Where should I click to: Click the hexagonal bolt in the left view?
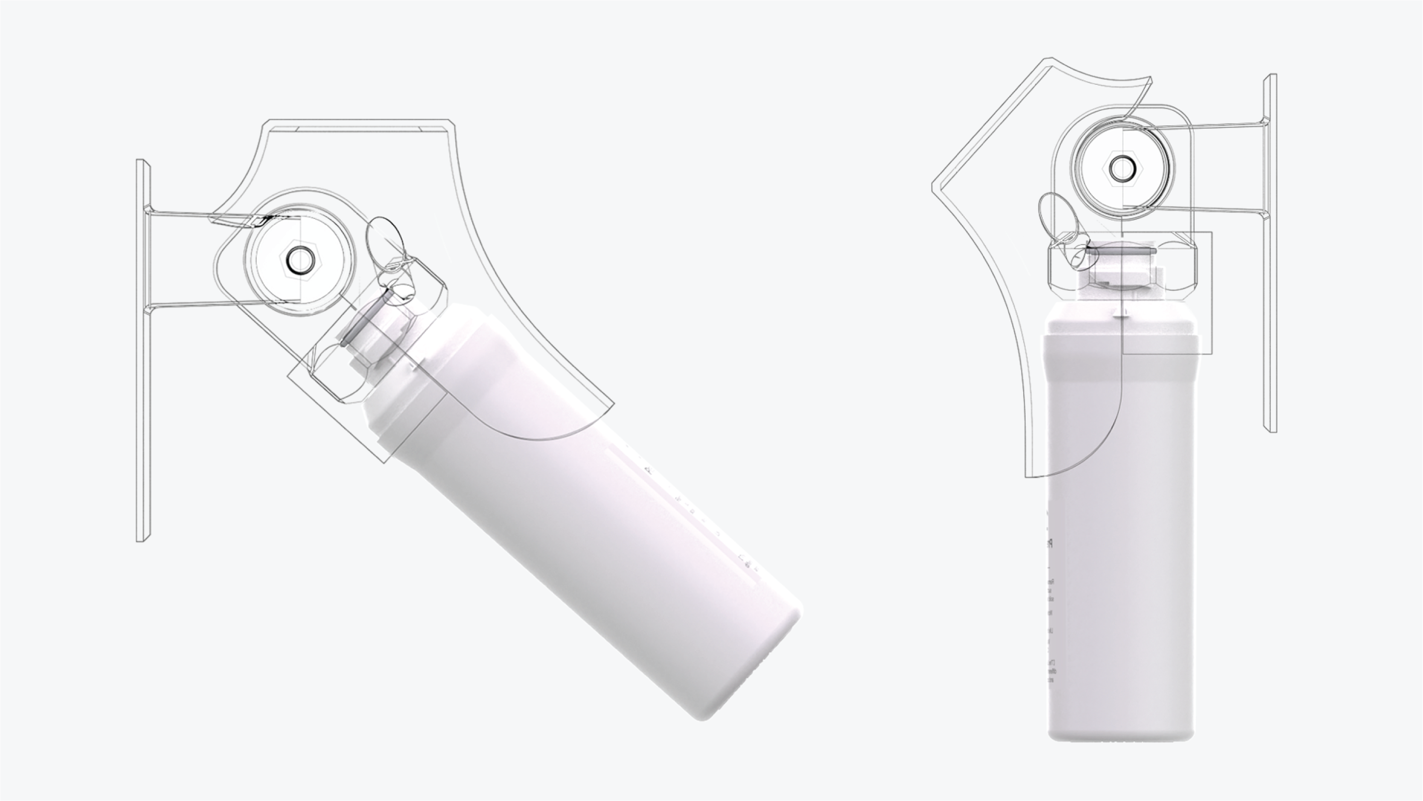[299, 258]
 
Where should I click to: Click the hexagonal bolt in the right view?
[1121, 169]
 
